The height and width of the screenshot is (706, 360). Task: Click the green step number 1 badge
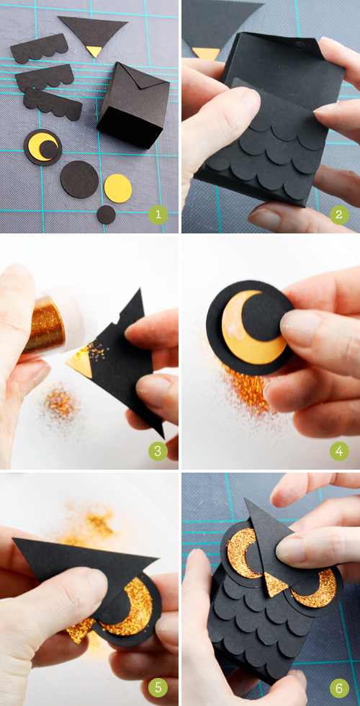[x=158, y=215]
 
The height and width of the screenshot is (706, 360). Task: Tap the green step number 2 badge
[x=339, y=215]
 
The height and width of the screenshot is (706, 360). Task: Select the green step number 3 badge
[x=158, y=451]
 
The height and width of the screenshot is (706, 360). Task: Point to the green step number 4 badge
[x=339, y=451]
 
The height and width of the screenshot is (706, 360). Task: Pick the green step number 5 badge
[x=158, y=687]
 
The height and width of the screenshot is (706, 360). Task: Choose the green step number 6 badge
[x=339, y=687]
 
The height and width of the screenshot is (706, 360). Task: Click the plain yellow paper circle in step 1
[x=118, y=188]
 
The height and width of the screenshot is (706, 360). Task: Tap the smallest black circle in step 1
[x=107, y=215]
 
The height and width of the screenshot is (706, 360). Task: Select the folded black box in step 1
[x=134, y=105]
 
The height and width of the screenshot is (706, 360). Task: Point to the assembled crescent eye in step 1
[x=42, y=147]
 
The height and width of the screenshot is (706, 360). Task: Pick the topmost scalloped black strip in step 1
[x=39, y=49]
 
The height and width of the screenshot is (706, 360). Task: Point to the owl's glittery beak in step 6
[x=274, y=584]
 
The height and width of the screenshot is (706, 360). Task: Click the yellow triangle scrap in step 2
[x=206, y=53]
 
